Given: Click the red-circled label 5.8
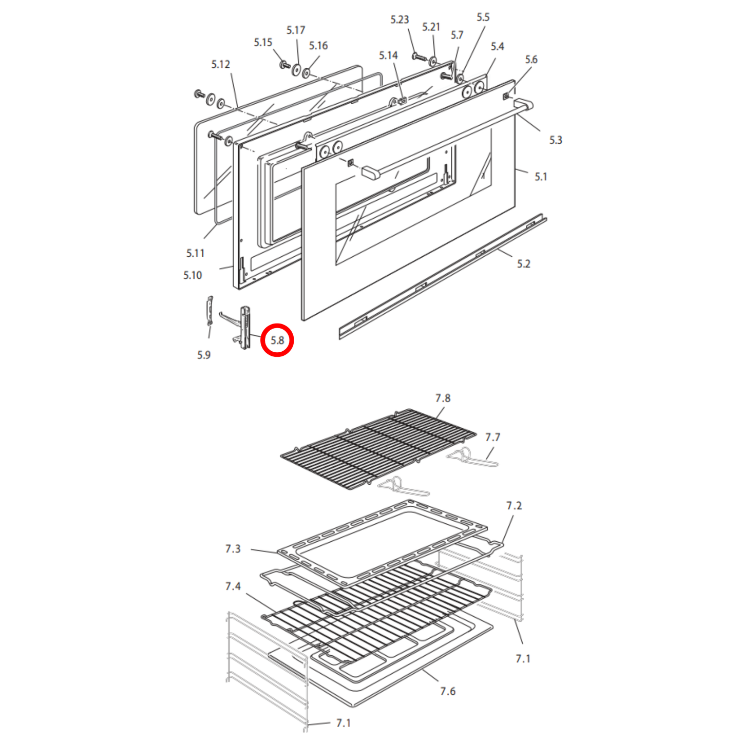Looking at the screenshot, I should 277,340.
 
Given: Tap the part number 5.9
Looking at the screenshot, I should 204,355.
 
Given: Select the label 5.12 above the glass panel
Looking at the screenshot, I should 220,64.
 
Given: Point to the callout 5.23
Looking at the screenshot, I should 399,20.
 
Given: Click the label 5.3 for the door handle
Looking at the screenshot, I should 556,140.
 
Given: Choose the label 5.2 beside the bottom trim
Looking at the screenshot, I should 523,264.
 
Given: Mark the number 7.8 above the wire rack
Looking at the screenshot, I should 443,398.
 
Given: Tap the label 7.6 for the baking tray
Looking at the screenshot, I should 448,691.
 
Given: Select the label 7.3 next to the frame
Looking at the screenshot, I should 233,549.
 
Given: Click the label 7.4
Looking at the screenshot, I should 233,586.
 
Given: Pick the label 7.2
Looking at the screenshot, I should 513,505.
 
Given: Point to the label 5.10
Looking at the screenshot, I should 193,275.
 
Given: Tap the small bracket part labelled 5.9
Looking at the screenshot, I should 210,311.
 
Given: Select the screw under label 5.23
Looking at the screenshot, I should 418,57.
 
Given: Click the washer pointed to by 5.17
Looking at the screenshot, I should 296,69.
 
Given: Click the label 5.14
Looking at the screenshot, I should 388,55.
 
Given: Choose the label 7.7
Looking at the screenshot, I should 492,437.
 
